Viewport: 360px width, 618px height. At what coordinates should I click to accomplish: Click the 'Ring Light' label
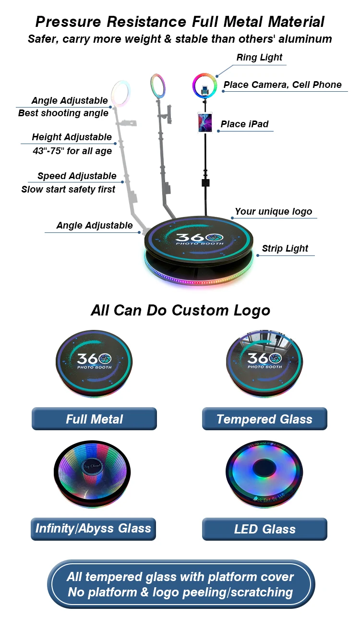pos(260,58)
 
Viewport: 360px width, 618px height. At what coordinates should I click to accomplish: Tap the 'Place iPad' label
pos(244,124)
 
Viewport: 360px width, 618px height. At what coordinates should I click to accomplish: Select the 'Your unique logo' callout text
pos(273,212)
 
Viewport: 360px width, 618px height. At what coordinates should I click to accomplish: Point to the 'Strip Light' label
pos(285,249)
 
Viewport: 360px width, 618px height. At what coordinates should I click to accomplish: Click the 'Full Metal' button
pos(94,419)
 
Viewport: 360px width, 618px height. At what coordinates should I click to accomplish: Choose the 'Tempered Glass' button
pos(264,419)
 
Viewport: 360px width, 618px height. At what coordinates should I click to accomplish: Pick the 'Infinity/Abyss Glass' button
pos(94,529)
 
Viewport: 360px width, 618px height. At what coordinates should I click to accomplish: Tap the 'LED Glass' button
pos(264,529)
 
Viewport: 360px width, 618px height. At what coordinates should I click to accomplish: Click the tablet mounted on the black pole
pos(204,122)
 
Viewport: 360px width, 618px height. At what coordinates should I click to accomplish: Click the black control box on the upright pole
pos(205,183)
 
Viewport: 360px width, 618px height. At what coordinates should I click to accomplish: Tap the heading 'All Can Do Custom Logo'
pos(180,310)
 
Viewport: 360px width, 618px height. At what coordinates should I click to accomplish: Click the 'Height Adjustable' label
pos(72,137)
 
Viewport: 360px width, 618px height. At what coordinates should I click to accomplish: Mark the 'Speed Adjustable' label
pos(77,176)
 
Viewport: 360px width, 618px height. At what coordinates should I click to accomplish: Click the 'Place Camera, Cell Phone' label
pos(282,85)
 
